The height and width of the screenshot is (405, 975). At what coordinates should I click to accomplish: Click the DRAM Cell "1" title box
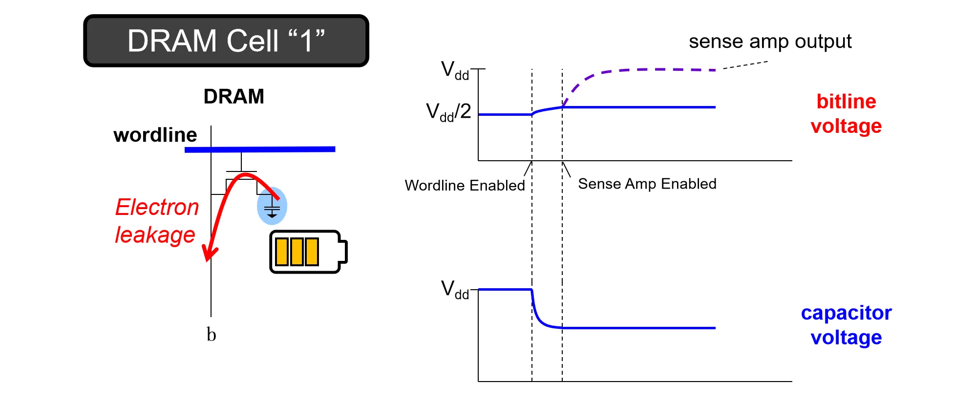pyautogui.click(x=226, y=41)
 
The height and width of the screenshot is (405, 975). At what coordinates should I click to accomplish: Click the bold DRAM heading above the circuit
pyautogui.click(x=233, y=97)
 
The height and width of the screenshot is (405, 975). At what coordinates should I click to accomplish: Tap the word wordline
pyautogui.click(x=155, y=135)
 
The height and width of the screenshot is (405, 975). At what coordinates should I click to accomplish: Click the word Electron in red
pyautogui.click(x=157, y=207)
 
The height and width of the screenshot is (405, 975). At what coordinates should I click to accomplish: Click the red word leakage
pyautogui.click(x=155, y=235)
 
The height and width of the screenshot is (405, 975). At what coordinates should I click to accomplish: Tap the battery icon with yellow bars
pyautogui.click(x=308, y=252)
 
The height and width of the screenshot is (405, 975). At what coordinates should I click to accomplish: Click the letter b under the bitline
pyautogui.click(x=211, y=335)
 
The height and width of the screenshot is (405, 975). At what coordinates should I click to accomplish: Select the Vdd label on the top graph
pyautogui.click(x=454, y=70)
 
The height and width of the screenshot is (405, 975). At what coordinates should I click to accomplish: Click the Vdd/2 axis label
pyautogui.click(x=448, y=112)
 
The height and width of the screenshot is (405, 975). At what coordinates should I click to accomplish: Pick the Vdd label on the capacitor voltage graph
pyautogui.click(x=454, y=289)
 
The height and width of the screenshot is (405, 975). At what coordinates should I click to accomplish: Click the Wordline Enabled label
pyautogui.click(x=465, y=186)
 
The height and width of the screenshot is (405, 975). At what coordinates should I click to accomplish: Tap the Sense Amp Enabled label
pyautogui.click(x=647, y=184)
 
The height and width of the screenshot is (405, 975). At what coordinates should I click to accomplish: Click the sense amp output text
pyautogui.click(x=770, y=42)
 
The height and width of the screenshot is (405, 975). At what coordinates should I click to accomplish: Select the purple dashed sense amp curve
pyautogui.click(x=635, y=70)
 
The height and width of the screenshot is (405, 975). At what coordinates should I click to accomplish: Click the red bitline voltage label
pyautogui.click(x=846, y=114)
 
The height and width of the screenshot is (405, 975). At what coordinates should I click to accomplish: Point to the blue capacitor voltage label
pyautogui.click(x=846, y=325)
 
